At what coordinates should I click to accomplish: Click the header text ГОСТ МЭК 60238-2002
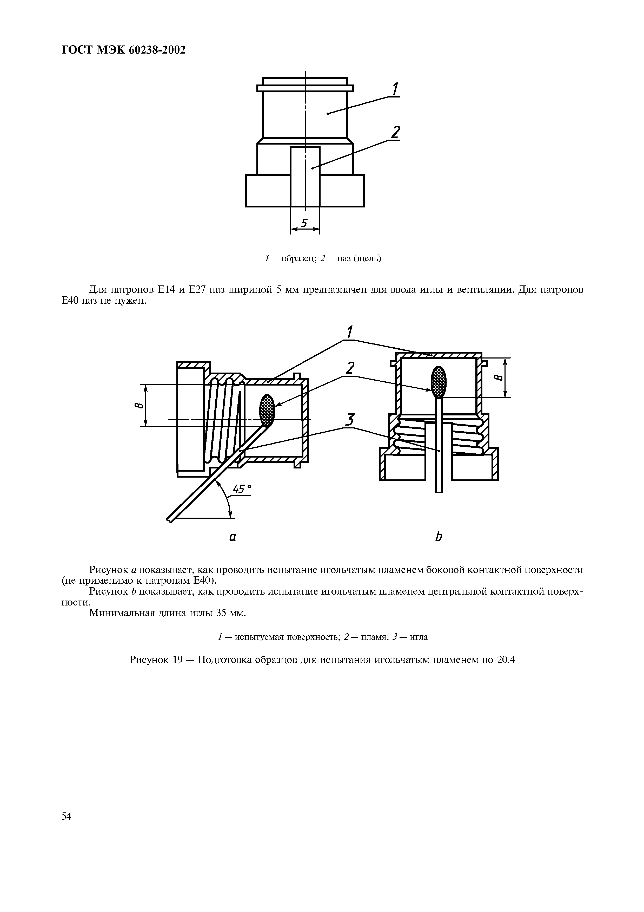click(124, 50)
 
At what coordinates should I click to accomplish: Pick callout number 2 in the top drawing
click(395, 132)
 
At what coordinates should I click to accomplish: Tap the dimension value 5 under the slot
click(304, 223)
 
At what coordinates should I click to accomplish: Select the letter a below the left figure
click(233, 537)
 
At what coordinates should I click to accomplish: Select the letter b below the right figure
click(439, 537)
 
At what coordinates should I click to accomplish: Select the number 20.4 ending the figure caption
click(505, 660)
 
